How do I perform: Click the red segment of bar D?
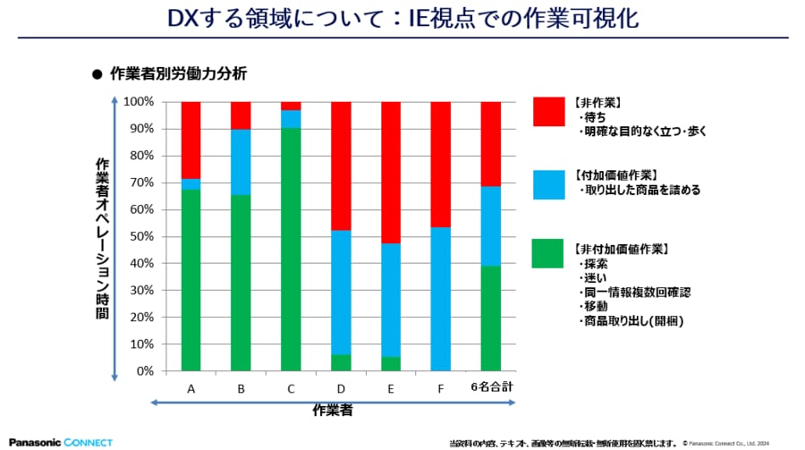341,166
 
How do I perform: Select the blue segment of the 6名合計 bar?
490,226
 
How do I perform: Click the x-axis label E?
390,388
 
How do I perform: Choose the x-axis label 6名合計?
490,388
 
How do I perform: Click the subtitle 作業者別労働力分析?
178,74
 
